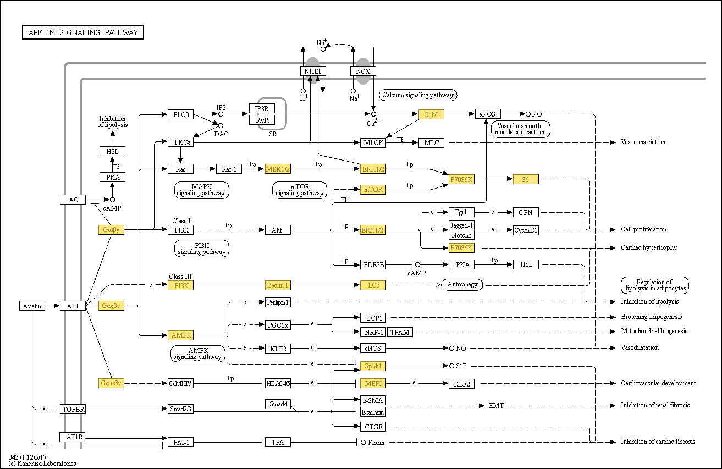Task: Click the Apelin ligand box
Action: [x=32, y=306]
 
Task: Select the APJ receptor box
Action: [x=73, y=306]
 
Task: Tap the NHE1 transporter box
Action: [x=313, y=71]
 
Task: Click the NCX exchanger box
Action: [x=363, y=71]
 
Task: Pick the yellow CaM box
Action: [x=431, y=114]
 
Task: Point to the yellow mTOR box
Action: [x=373, y=190]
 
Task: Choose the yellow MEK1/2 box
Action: [x=278, y=169]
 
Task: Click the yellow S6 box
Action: [x=525, y=179]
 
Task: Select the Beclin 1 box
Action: [x=278, y=285]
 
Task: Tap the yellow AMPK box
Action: [x=180, y=335]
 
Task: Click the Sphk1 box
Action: [x=373, y=366]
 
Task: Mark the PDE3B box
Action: [x=373, y=264]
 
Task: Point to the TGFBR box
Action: [x=73, y=410]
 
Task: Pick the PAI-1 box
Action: [x=180, y=442]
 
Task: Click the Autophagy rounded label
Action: [x=462, y=284]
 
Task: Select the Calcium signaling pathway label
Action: [x=418, y=95]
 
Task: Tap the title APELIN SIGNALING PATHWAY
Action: [x=83, y=32]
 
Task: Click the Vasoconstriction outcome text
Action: [x=643, y=142]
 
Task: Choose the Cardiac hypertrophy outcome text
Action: [x=649, y=247]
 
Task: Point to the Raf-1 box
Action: [x=229, y=169]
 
